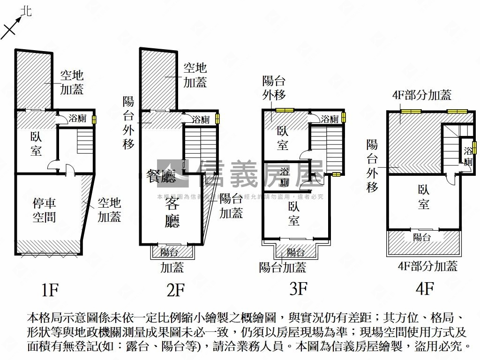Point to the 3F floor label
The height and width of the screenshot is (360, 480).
pos(298,288)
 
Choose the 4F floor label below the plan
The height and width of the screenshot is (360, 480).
pos(424,288)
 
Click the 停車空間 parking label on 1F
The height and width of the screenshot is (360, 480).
pos(45,210)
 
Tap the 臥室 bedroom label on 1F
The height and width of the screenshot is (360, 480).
pos(36,143)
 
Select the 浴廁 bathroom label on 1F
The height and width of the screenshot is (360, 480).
pos(77,119)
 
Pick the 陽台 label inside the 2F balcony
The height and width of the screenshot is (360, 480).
pos(169,253)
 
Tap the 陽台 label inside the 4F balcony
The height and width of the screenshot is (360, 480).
pos(422,238)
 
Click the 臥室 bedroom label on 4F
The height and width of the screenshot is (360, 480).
pos(424,197)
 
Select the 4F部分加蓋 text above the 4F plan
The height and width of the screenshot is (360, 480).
pos(421,96)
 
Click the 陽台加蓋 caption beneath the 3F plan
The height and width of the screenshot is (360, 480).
pos(283,267)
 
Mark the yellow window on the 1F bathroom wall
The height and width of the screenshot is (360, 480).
pos(94,120)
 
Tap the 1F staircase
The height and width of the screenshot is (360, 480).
pos(85,139)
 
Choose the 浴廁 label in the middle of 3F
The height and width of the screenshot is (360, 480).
pos(285,177)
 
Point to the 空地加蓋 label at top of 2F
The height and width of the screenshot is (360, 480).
pos(195,75)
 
